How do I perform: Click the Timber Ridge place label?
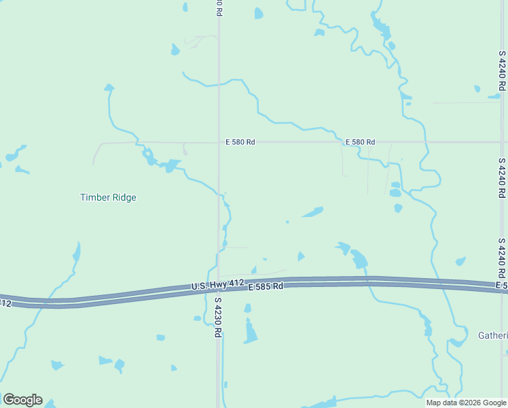coord(108,198)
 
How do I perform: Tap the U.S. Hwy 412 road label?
coord(217,284)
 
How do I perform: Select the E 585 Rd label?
coord(265,288)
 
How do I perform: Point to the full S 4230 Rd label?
coord(218,318)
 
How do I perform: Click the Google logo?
coord(22,400)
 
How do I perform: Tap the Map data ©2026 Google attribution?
coord(467,403)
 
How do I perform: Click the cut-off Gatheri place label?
coord(492,335)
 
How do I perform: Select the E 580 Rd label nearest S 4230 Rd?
coord(240,142)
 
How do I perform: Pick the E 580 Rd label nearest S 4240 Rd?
coord(360,142)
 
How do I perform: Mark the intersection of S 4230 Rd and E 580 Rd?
coord(218,142)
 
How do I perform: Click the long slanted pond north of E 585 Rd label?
coord(312,212)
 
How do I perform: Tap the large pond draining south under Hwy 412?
coord(359,259)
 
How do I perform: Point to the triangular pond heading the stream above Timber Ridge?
coord(109,88)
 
